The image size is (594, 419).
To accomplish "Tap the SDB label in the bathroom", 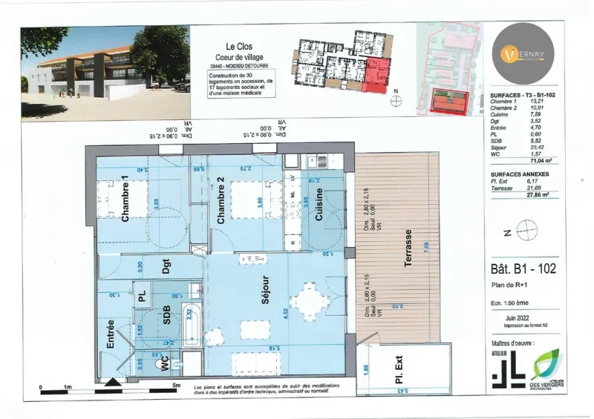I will pos(166,315).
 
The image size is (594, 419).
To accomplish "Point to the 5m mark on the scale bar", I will pos(177,386).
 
